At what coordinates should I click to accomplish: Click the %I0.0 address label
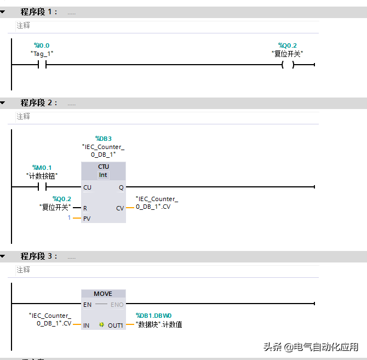(42, 45)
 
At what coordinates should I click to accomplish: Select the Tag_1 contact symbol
(42, 64)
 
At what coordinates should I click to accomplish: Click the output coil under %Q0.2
(288, 65)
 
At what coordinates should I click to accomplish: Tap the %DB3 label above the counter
(104, 139)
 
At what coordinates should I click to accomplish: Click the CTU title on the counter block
(104, 167)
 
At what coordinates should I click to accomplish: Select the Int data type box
(103, 175)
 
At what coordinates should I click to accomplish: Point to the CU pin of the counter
(87, 187)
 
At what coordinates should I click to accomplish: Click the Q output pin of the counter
(121, 187)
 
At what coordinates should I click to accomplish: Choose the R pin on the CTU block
(85, 208)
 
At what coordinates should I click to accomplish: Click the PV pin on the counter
(87, 219)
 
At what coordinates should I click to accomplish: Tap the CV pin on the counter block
(120, 208)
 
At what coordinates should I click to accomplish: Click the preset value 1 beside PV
(69, 218)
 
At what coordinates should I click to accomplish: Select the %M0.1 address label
(42, 168)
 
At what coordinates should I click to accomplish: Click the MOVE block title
(103, 294)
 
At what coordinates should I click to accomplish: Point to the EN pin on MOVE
(87, 305)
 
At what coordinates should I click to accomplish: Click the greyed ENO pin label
(117, 305)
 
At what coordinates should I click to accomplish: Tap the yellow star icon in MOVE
(101, 324)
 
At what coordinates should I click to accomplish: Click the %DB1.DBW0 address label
(154, 316)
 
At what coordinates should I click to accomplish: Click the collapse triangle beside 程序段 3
(3, 256)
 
